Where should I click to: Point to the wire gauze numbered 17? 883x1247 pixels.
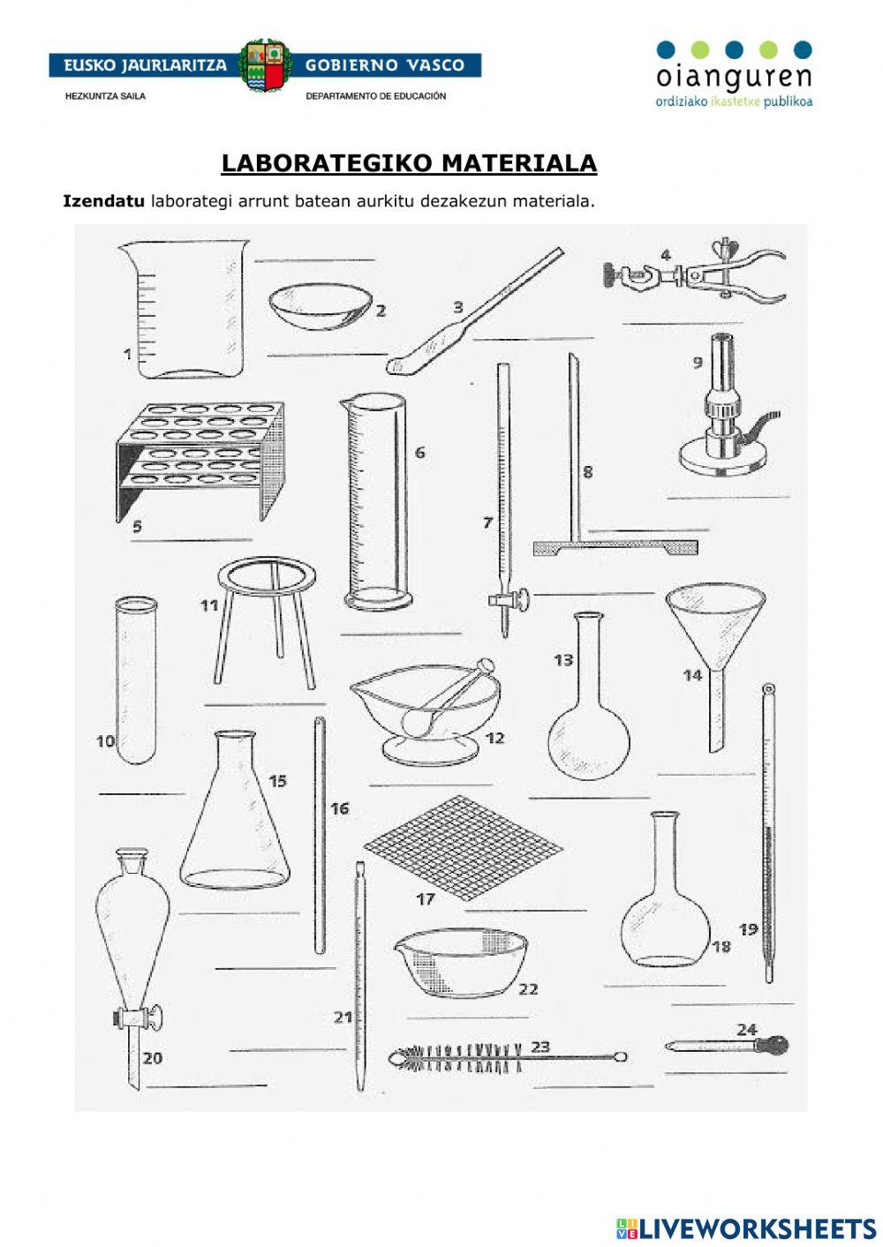[463, 845]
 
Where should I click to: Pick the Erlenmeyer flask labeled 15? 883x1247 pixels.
[234, 821]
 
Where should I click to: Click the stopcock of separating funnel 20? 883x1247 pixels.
[139, 1018]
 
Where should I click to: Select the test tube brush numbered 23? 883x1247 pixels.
[508, 1054]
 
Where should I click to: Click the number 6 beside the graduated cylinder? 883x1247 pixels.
[419, 453]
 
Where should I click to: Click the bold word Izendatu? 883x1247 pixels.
[103, 201]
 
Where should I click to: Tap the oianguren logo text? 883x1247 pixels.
[733, 76]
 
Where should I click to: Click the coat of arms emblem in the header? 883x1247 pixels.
[266, 65]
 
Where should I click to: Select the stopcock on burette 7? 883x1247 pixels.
[508, 601]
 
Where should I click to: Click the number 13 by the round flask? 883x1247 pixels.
[563, 660]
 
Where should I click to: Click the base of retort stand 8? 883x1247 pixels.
[615, 548]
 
